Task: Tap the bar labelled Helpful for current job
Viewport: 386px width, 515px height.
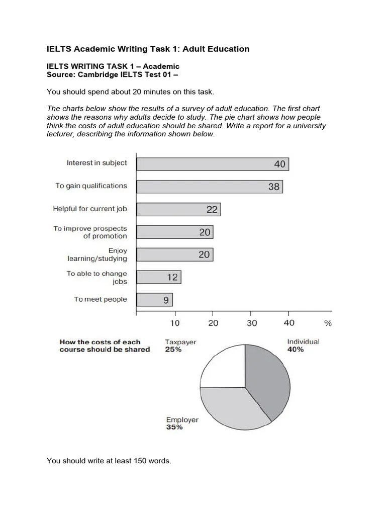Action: tap(178, 209)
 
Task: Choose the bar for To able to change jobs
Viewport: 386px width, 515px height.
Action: tap(159, 277)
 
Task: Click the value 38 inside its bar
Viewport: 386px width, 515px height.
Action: tap(274, 187)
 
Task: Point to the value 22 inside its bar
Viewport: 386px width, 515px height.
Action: tap(212, 210)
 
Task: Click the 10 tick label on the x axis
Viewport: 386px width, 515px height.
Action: tap(175, 323)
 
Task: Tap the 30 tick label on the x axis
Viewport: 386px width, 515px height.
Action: tap(251, 323)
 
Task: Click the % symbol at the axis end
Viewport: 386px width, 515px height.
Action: tap(328, 323)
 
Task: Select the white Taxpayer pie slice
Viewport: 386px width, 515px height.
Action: tap(224, 364)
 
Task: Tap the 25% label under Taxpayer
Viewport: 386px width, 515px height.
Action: tap(173, 350)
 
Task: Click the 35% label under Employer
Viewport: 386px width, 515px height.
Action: tap(174, 427)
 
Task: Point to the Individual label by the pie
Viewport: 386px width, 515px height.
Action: tap(303, 341)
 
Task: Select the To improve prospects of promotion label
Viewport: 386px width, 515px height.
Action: tap(90, 232)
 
